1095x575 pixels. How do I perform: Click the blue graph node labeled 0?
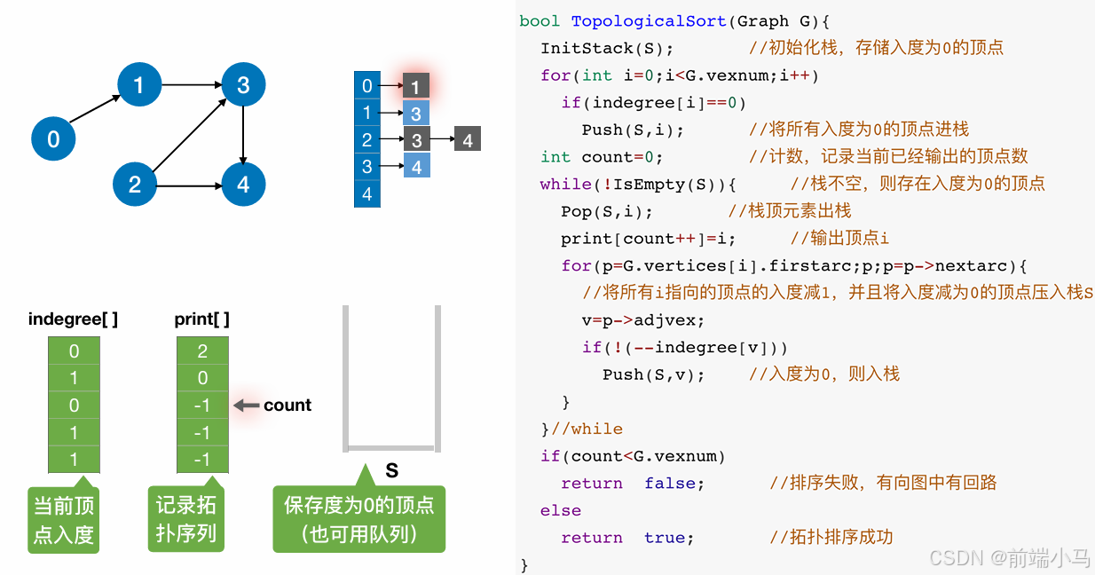53,139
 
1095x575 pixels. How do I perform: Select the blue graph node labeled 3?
243,85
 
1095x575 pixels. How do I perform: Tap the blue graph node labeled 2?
135,185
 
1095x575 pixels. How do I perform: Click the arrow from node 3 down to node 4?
243,134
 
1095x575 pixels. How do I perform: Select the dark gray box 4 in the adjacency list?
468,139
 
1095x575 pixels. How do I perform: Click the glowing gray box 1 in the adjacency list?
416,86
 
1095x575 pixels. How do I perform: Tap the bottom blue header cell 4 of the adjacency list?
367,193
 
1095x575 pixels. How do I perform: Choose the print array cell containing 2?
202,351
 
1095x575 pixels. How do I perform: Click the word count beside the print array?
288,406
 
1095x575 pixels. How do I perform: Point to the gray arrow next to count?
245,406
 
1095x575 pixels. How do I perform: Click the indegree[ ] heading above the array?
73,319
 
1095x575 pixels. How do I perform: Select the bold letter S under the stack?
391,471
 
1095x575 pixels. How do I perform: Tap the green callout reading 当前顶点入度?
64,520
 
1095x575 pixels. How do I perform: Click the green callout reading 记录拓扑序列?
186,520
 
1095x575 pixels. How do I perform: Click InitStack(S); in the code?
606,48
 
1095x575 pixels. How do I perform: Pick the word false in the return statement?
674,483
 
